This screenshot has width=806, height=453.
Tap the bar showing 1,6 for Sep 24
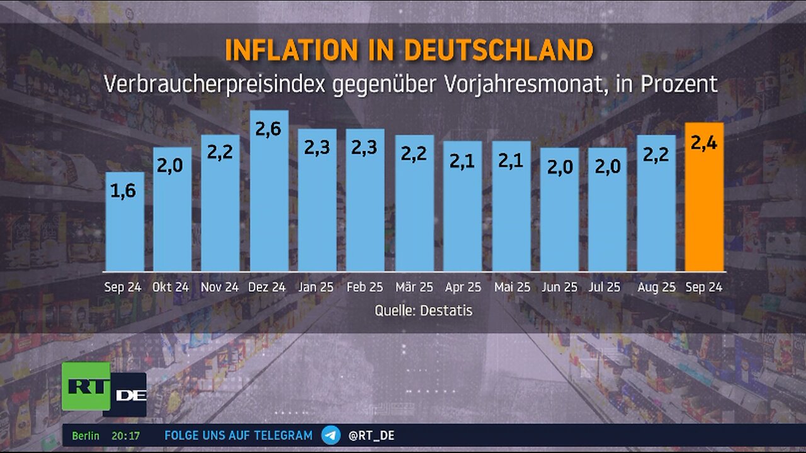coord(124,223)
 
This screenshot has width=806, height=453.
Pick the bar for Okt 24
coord(172,211)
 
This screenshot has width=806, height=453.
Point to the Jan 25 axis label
coord(317,288)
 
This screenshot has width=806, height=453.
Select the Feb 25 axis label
coord(365,288)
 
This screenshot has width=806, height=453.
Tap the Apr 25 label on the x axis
coord(463,288)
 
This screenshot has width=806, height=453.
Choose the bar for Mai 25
coord(511,208)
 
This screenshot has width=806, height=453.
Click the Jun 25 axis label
coord(559,288)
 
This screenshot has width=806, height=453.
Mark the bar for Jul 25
coord(607,211)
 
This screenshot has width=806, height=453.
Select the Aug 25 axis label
coord(656,288)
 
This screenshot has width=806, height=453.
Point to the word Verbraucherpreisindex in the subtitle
coord(214,84)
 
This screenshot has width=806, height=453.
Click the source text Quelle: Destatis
coord(423,310)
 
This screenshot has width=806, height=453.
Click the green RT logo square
coord(86,386)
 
